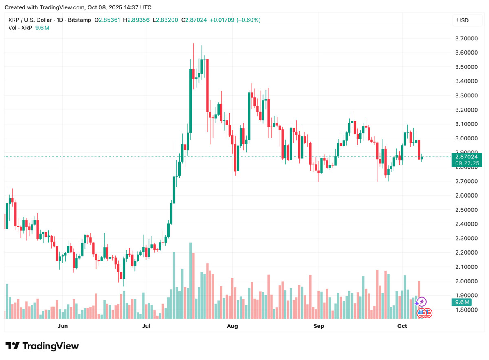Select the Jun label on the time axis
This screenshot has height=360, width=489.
[x=62, y=326]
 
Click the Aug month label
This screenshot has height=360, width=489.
[x=232, y=326]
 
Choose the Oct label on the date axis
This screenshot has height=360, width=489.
[x=402, y=326]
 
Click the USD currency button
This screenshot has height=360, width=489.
[x=463, y=20]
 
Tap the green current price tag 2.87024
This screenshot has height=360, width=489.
[x=467, y=156]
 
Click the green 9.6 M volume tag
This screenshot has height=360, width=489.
[x=462, y=302]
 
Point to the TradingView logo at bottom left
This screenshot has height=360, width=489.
[x=42, y=346]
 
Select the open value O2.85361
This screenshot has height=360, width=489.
[x=107, y=20]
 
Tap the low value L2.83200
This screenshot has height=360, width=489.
[x=165, y=20]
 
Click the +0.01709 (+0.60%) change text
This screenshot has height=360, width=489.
[x=235, y=20]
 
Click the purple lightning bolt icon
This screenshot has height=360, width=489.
[x=422, y=302]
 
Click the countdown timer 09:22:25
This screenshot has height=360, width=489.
[x=467, y=163]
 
